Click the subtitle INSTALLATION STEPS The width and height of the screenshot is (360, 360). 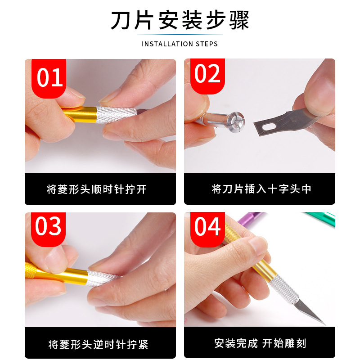[x=180, y=44]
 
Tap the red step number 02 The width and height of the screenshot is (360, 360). [x=207, y=75]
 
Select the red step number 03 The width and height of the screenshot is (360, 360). [x=49, y=227]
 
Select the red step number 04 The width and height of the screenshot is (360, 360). [x=207, y=227]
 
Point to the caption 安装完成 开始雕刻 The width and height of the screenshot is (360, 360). [x=260, y=343]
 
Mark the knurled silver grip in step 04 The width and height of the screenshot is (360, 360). [x=286, y=288]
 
